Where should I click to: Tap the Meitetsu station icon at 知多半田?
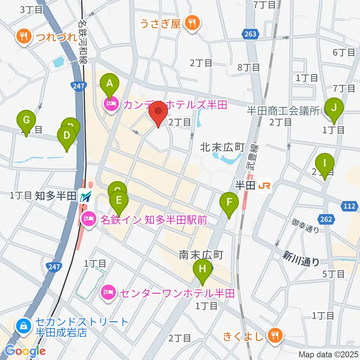tap(86, 196)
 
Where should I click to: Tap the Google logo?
tap(25, 351)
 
